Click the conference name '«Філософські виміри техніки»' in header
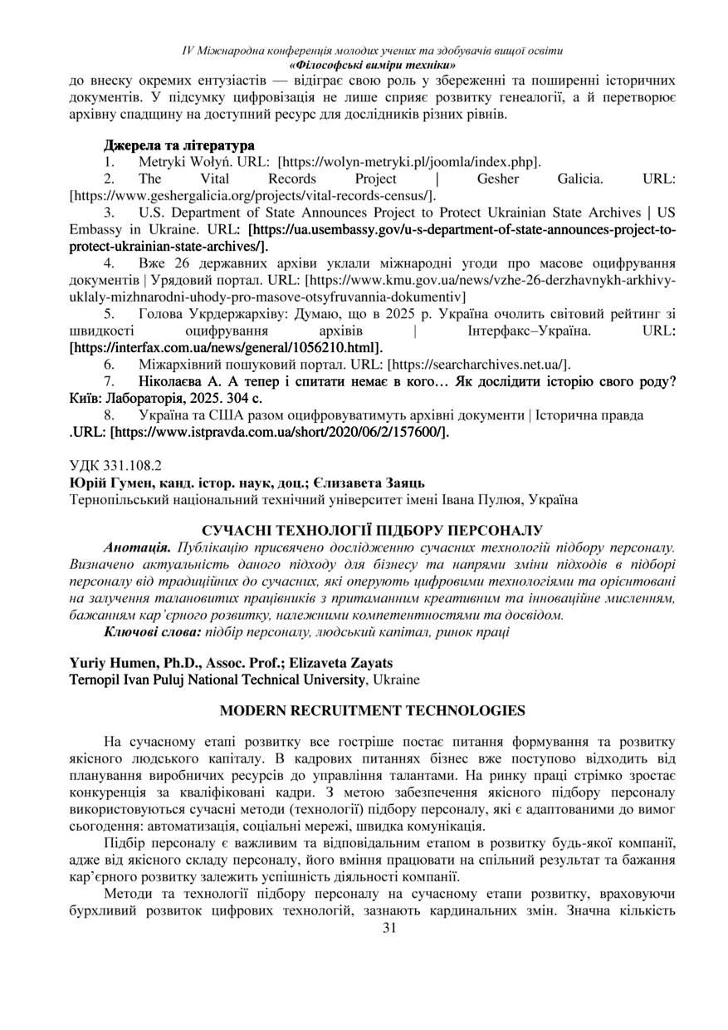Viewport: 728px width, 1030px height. pos(372,64)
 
